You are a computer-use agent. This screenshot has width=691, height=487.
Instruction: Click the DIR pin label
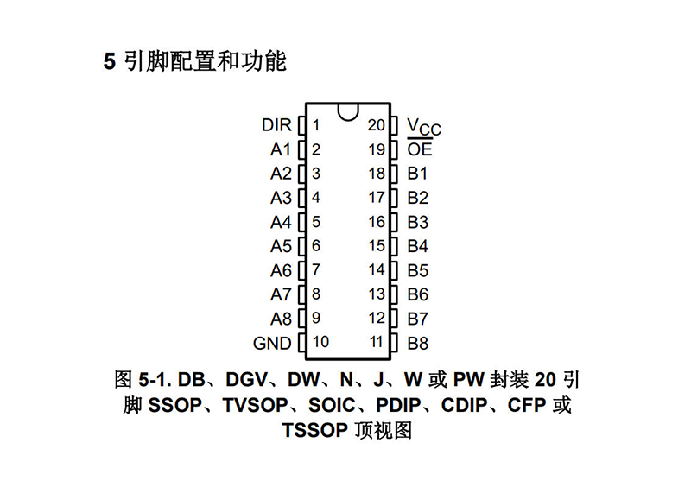pos(276,125)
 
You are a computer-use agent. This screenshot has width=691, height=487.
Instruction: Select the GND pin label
pos(272,343)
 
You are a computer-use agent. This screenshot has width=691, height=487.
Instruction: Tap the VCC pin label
pos(423,127)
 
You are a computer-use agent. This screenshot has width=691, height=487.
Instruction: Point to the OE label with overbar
pos(420,149)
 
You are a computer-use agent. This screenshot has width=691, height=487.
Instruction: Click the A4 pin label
pos(281,222)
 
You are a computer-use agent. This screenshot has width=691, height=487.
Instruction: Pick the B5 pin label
pos(418,270)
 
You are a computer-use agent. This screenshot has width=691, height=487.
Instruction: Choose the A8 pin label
pos(281,319)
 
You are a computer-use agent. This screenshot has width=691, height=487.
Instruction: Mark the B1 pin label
pos(418,174)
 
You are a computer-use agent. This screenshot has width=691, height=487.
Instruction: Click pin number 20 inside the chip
pos(376,125)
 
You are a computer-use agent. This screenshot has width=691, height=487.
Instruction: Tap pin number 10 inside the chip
pos(320,342)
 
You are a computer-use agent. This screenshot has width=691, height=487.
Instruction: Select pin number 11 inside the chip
pos(376,342)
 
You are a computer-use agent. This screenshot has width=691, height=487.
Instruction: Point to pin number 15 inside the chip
pos(376,246)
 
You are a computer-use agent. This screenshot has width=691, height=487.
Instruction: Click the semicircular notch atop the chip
pos(348,110)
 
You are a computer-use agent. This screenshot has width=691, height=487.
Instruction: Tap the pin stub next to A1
pos(301,149)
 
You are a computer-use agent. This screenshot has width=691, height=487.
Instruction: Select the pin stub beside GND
pos(301,343)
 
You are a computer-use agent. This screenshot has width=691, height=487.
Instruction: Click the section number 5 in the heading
pos(110,63)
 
